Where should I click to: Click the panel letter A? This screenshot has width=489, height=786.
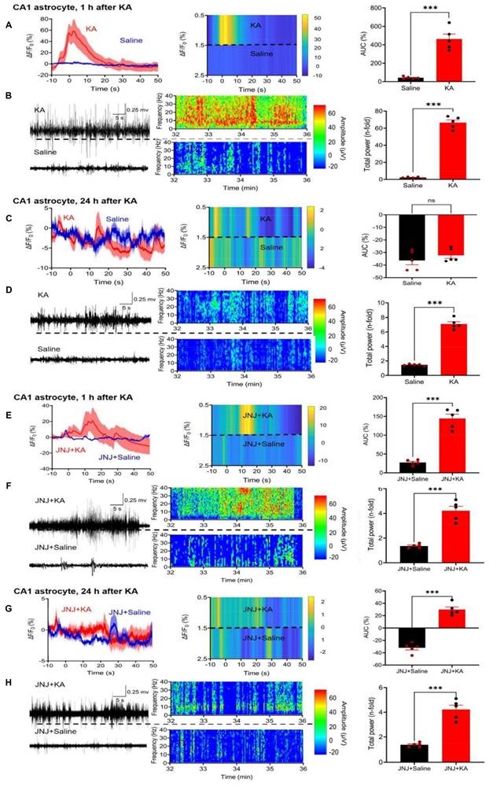click(x=9, y=24)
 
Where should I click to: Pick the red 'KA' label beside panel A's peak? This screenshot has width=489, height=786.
click(x=92, y=28)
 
